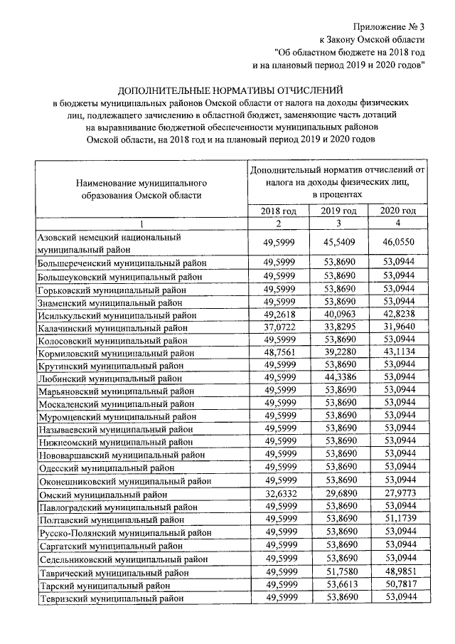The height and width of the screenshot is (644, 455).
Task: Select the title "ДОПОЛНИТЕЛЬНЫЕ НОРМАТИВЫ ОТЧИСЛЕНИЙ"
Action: coord(230,90)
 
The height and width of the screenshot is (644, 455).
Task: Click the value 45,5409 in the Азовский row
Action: coord(338,243)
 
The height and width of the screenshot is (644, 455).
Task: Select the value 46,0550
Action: coord(398,243)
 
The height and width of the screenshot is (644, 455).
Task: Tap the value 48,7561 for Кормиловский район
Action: coord(278,352)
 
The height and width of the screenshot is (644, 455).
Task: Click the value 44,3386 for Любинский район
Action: coord(338,379)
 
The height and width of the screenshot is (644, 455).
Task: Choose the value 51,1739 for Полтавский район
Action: coord(398,520)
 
